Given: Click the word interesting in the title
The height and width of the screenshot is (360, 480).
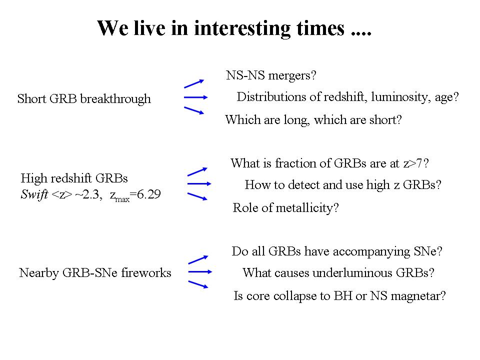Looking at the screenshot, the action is click(x=243, y=28).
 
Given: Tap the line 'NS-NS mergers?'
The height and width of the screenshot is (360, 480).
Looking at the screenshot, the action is click(x=271, y=75).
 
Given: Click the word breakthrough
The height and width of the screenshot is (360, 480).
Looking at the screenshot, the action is click(x=115, y=99).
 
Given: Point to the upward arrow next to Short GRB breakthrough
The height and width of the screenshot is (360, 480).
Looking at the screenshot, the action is click(x=194, y=83).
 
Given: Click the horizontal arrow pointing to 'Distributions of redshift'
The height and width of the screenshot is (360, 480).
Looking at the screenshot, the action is click(x=195, y=97).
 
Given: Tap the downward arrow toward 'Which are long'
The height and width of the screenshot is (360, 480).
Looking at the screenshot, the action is click(x=194, y=110).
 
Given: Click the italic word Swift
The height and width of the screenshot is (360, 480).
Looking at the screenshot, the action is click(x=34, y=194).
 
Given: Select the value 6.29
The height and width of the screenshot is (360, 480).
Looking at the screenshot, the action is click(x=148, y=194).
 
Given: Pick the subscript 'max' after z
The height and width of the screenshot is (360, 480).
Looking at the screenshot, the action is click(x=122, y=199).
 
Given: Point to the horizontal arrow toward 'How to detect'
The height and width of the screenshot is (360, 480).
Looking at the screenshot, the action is click(x=199, y=183).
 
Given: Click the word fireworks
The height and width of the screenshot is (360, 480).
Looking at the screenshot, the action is click(x=146, y=273).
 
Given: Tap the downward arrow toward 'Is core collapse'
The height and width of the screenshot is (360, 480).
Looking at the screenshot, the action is click(x=198, y=284).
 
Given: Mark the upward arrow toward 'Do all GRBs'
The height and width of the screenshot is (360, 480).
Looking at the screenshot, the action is click(x=198, y=259).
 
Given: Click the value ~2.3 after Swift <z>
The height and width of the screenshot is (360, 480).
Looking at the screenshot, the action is click(x=88, y=194).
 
